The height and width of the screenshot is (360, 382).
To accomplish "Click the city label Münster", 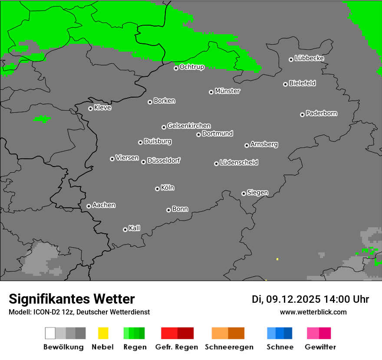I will [227, 91].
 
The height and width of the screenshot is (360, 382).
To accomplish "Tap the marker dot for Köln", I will [157, 189].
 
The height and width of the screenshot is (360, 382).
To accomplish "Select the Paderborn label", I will [321, 113].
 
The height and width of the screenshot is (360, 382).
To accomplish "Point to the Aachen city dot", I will [89, 206].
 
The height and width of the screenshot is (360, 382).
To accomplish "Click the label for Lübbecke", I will [309, 58].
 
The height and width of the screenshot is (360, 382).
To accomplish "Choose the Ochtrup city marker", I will [176, 68].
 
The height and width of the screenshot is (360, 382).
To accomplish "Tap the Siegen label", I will [257, 193].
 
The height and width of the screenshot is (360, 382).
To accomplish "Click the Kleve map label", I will [102, 108].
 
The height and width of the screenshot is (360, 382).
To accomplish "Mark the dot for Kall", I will [125, 229].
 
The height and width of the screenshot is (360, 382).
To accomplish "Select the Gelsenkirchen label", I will [189, 126].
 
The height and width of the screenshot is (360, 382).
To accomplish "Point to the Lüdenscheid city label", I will [239, 163].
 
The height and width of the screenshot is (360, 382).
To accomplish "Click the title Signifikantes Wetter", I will [72, 299].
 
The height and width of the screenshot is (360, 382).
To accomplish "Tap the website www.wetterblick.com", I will [313, 312].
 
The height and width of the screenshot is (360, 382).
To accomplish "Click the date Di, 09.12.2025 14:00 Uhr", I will [310, 299].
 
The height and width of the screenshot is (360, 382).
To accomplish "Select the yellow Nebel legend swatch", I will [103, 333].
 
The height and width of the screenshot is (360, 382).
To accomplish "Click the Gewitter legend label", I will [320, 347].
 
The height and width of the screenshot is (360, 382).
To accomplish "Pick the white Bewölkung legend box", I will [50, 333].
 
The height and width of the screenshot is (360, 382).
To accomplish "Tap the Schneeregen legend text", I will [229, 347].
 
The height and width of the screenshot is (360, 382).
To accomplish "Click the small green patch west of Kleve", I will [43, 118].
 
